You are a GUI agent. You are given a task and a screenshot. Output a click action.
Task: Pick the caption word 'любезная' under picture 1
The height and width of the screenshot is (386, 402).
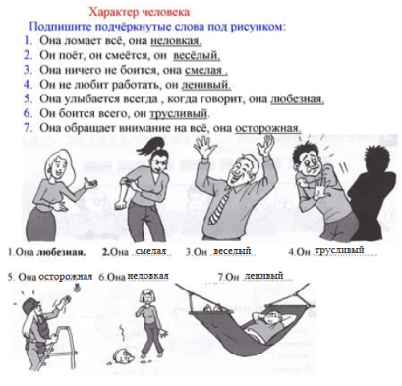[57, 252]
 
